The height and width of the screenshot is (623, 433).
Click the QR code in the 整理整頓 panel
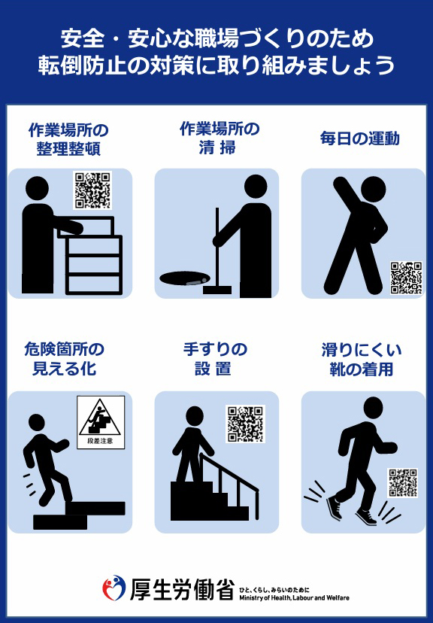coord(92,190)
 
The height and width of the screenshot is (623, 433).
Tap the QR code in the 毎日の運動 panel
coord(406,278)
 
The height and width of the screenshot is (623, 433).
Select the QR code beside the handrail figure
coord(245,424)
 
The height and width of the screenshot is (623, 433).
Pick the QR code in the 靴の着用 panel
coord(403,483)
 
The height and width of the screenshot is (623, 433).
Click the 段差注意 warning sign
coord(101,422)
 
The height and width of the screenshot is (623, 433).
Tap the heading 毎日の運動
coord(359,138)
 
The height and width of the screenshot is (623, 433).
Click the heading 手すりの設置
coord(215,359)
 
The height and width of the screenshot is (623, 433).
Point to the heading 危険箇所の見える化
coord(65,359)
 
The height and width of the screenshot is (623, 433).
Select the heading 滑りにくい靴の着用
coord(361,360)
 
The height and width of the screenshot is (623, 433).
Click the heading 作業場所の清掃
coord(219,138)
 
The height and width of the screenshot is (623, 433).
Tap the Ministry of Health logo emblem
coord(114,588)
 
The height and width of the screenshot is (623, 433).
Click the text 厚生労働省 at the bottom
coord(182,589)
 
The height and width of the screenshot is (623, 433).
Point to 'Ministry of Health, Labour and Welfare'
coord(294,597)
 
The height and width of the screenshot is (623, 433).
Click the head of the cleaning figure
coord(256,186)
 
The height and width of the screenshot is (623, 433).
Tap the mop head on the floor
coord(217,290)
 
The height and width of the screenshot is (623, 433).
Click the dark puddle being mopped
coord(183,278)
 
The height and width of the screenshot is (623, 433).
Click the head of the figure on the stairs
coord(195,415)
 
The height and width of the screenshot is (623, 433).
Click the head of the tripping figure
coord(37,422)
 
